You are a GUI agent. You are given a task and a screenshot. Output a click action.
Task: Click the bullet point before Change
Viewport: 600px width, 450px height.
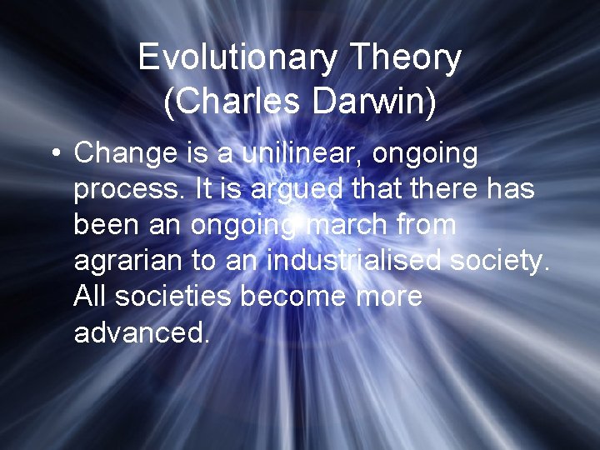pos(54,154)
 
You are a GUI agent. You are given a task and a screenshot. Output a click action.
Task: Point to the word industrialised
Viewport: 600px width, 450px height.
pos(354,260)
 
